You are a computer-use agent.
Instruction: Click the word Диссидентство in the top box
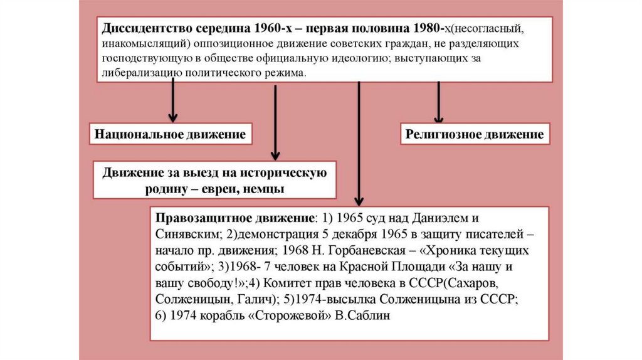point(144,29)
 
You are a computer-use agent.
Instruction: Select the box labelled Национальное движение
point(169,135)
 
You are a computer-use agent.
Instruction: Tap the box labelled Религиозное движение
point(474,135)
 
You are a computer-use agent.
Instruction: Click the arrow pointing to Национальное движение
point(174,103)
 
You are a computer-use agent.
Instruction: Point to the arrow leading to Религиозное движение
point(438,103)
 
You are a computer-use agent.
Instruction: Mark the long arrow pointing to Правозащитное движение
point(358,144)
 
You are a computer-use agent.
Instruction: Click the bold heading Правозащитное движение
point(232,218)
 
